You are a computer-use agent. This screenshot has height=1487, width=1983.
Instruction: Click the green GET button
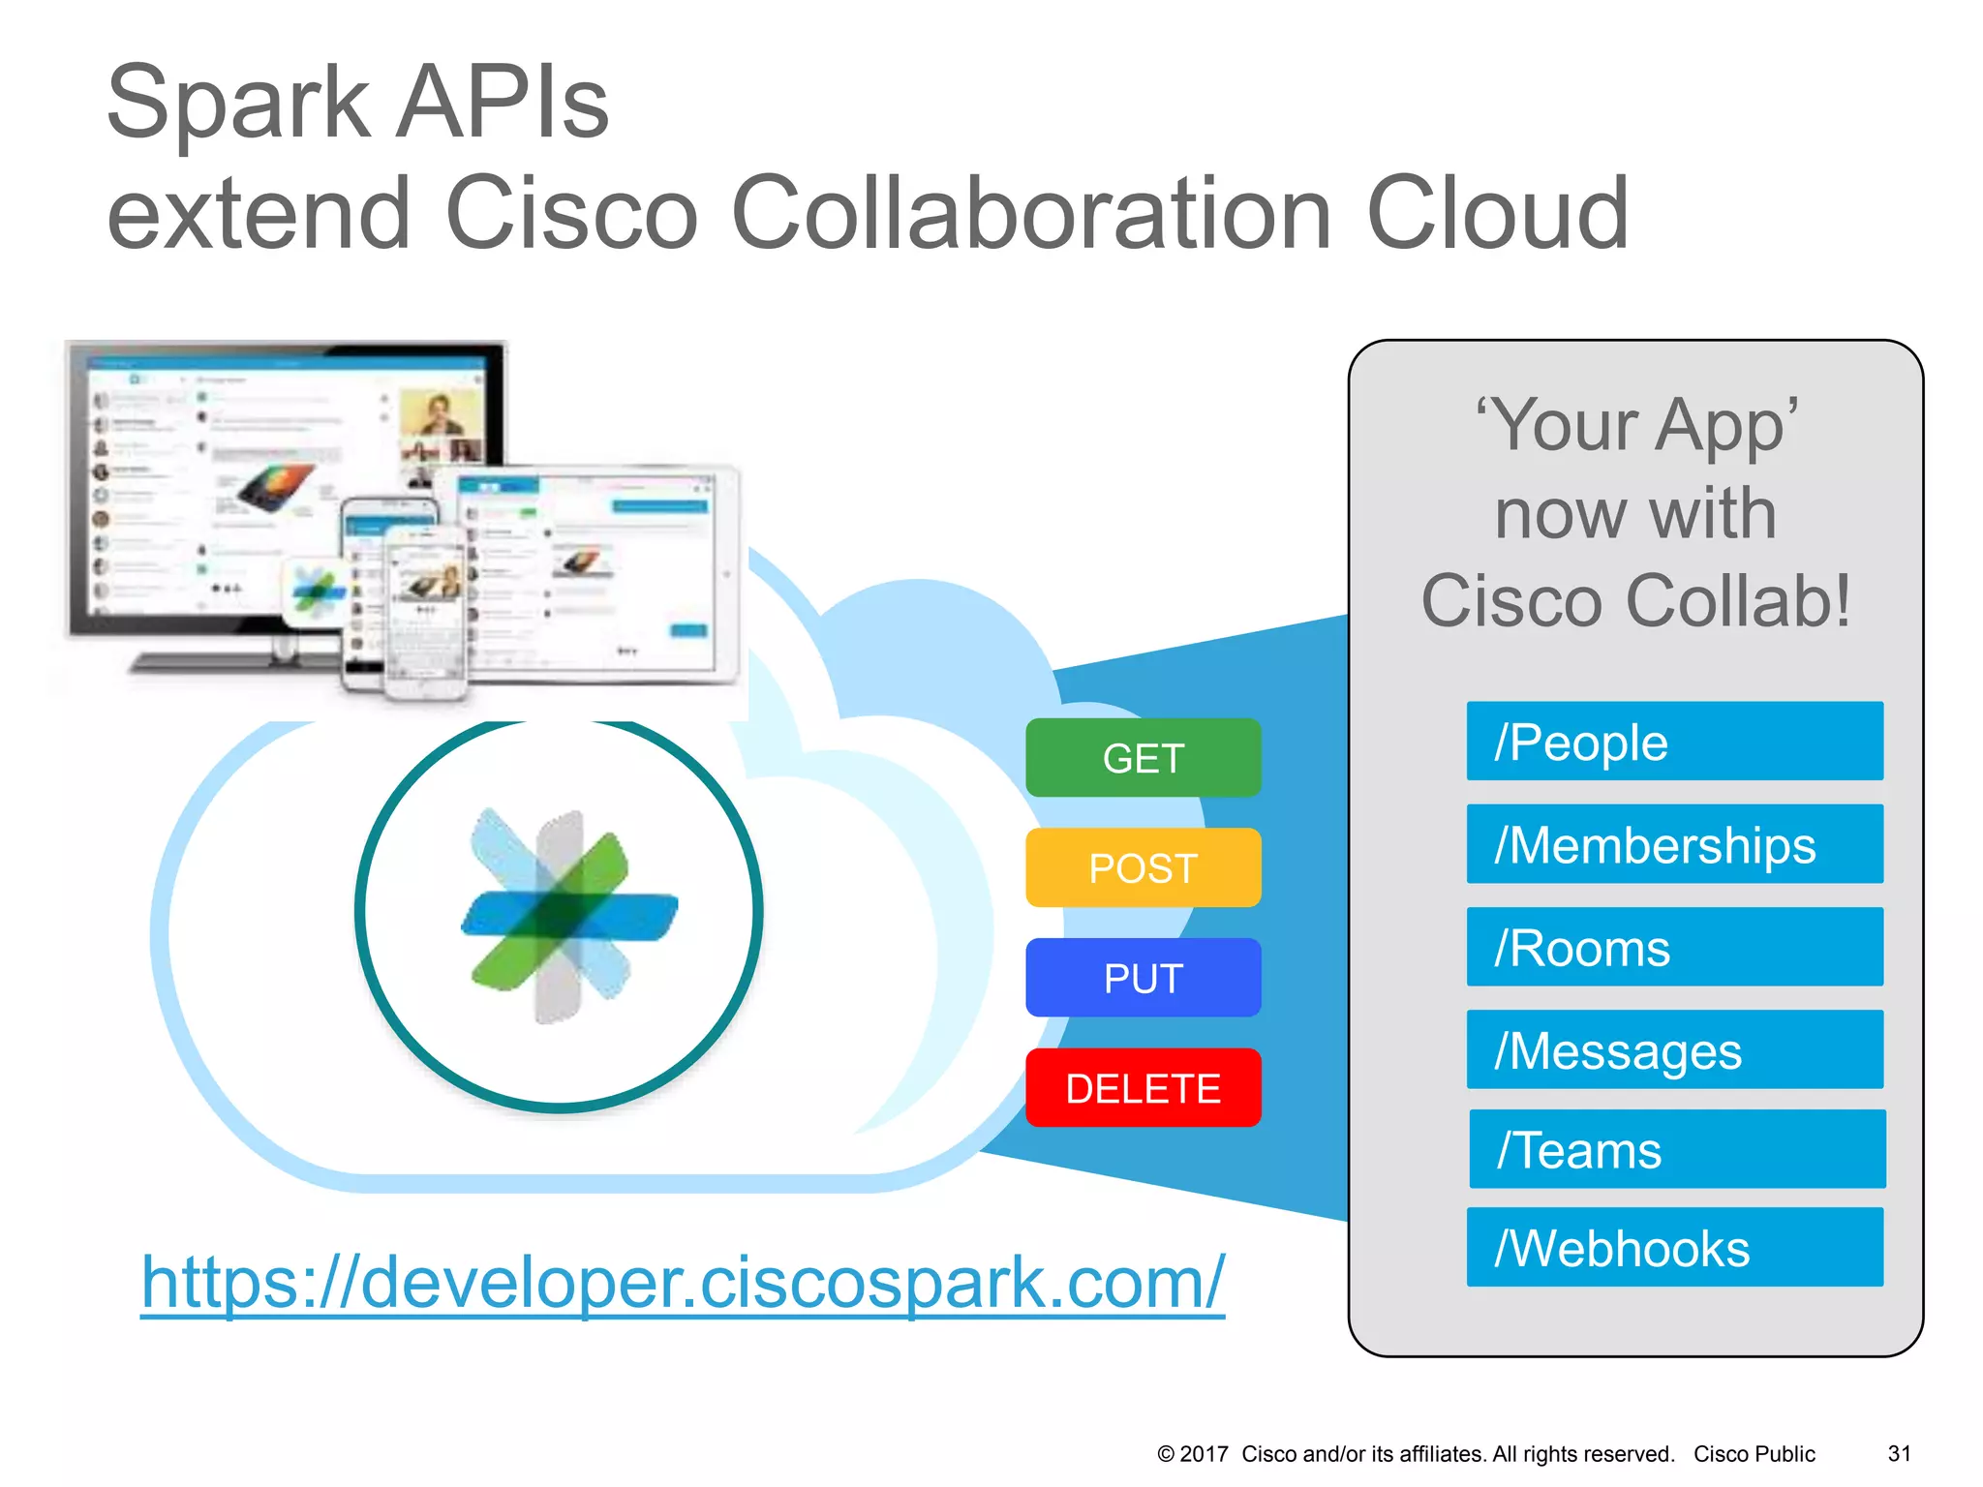tap(1143, 758)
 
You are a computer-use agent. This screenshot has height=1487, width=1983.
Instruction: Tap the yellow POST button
tap(1143, 867)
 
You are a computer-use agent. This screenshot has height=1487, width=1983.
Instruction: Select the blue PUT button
tap(1143, 978)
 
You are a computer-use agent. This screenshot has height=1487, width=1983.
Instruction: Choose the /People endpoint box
tap(1674, 742)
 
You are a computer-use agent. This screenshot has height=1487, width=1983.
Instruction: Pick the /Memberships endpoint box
tap(1674, 844)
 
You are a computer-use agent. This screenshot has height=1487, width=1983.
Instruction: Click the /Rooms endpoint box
tap(1674, 947)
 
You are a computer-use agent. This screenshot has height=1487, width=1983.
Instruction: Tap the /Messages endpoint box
tap(1674, 1049)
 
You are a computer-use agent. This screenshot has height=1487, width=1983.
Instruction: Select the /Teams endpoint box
tap(1676, 1149)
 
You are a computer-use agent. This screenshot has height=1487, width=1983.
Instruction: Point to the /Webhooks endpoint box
tap(1674, 1247)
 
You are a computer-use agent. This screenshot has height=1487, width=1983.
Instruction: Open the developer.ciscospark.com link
tap(683, 1282)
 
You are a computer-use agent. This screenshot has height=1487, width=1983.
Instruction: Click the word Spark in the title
tap(237, 103)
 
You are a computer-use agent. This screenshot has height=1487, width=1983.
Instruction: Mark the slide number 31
tap(1899, 1453)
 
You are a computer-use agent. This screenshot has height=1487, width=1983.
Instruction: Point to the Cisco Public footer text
tap(1754, 1453)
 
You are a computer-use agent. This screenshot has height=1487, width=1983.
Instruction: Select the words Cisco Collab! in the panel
tap(1636, 600)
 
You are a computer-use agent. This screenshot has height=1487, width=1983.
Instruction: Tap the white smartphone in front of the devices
tap(426, 615)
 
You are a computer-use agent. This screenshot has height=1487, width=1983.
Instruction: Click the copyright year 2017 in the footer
tap(1204, 1453)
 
